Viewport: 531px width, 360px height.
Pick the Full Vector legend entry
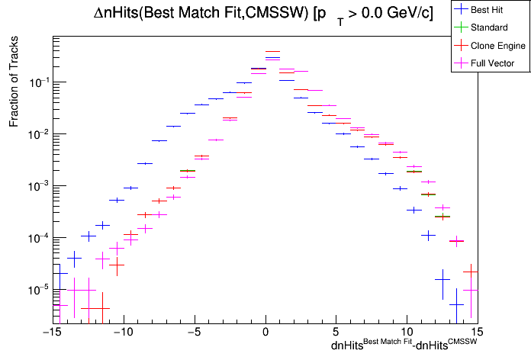pos(493,63)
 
